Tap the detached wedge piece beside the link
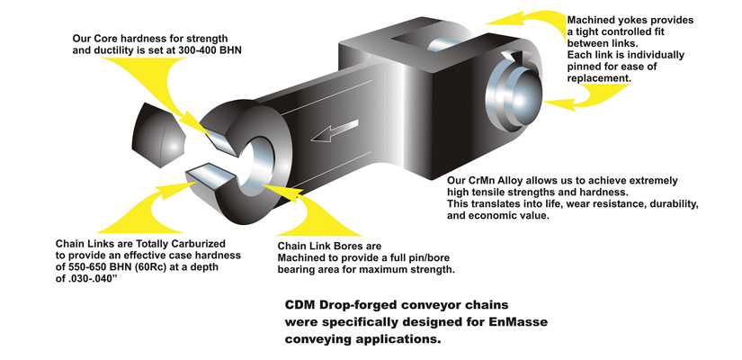pos(158,135)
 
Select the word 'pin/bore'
pos(429,258)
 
